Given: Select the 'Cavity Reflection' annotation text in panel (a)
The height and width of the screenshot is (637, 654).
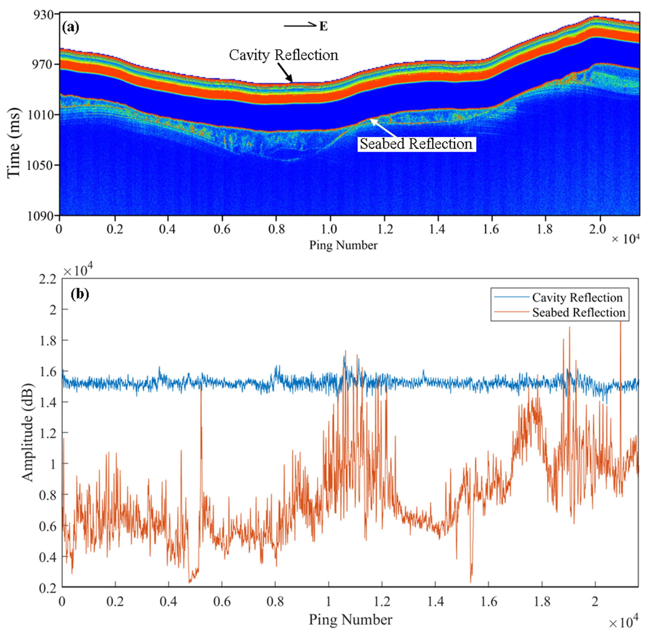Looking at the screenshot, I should [x=284, y=55].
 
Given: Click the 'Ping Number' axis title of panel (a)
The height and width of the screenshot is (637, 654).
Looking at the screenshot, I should [x=343, y=245].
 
